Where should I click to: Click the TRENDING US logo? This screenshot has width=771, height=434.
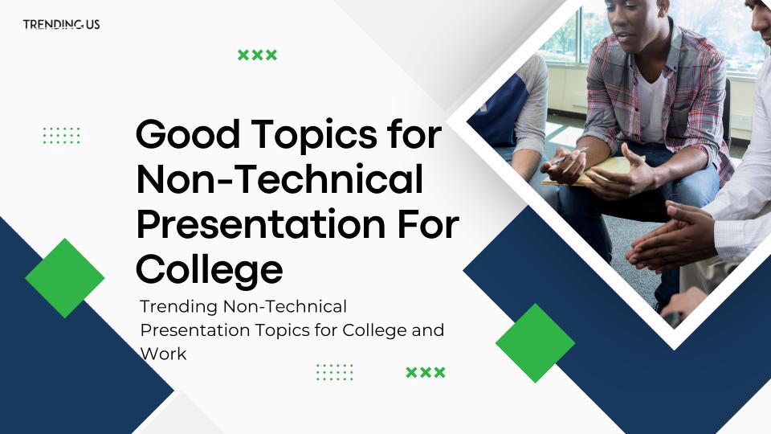(62, 24)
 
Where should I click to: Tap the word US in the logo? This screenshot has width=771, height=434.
(92, 24)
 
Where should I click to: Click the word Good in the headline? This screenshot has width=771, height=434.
(188, 134)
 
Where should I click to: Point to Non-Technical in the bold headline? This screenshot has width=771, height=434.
(279, 178)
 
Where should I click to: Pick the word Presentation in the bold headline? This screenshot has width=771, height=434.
(261, 224)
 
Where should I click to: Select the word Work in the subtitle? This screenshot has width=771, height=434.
(163, 354)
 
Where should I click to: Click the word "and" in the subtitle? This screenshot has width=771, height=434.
(428, 330)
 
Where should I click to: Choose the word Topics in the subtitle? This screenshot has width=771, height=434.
(282, 331)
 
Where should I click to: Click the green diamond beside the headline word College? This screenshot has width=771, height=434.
(64, 278)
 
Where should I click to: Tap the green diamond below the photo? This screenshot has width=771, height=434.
(535, 343)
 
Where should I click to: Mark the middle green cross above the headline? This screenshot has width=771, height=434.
(257, 55)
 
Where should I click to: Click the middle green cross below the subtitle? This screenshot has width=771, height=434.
(426, 372)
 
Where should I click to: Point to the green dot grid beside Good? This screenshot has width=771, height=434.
(62, 136)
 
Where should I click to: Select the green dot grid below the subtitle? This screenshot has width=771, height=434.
(335, 372)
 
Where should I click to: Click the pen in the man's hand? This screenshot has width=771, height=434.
(569, 155)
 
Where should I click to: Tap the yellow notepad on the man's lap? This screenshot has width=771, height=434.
(590, 172)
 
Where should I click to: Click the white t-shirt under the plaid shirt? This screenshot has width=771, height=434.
(652, 106)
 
